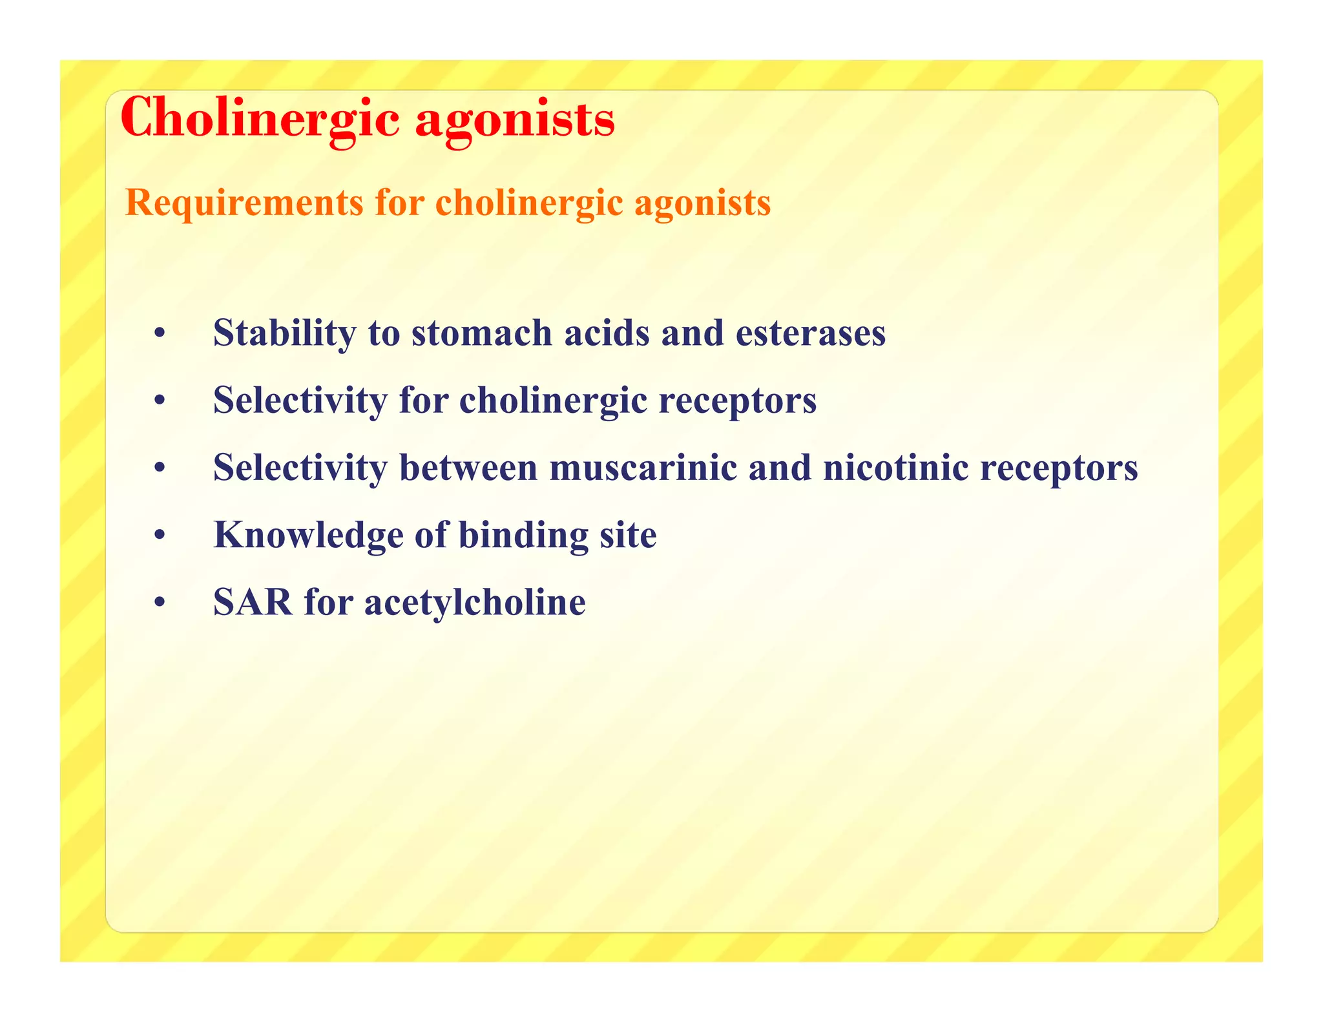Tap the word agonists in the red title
515,119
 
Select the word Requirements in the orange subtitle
244,203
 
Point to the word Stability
284,333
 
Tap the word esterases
811,333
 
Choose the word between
468,468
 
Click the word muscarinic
643,468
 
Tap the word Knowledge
308,536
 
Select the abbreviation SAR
253,602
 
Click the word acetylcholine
475,603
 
